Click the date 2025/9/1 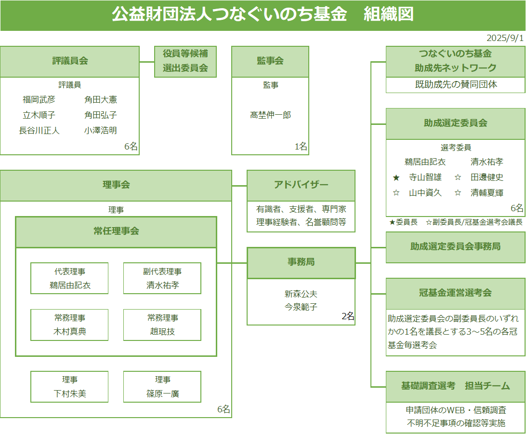click(505, 38)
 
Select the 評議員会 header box click(70, 62)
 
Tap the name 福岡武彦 click(39, 99)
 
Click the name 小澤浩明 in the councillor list click(101, 130)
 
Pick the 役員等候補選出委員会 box click(185, 62)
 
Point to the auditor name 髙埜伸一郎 click(270, 115)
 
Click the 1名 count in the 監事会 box click(301, 146)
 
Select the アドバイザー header click(301, 186)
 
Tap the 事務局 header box click(301, 263)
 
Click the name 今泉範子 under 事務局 click(301, 307)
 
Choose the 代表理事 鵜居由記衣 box click(69, 278)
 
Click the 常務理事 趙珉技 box click(162, 325)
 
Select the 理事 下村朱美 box click(69, 387)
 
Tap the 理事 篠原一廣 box click(162, 387)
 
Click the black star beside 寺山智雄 click(396, 177)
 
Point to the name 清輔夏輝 click(487, 192)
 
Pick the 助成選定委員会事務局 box click(456, 247)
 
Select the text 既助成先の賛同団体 click(456, 84)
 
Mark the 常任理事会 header click(116, 232)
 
